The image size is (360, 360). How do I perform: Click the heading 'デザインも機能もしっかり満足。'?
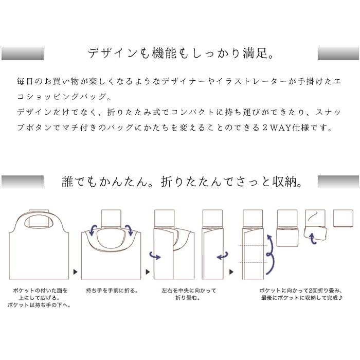pos(180,53)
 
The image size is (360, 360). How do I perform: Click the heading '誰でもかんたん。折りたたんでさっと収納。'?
pos(180,182)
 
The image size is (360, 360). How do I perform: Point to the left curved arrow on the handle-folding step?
pos(92,229)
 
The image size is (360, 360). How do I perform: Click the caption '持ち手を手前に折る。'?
pos(112,291)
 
